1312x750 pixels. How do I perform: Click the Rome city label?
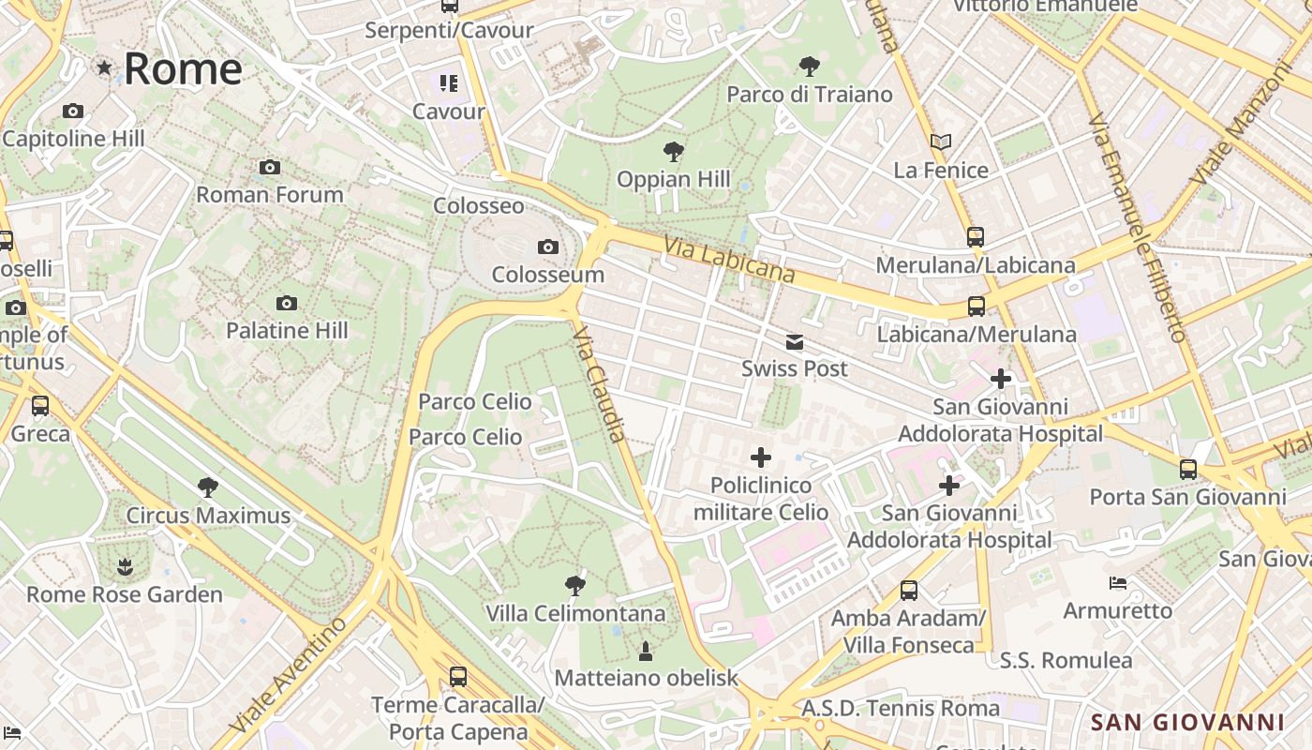(x=182, y=68)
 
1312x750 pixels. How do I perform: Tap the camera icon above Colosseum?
(x=548, y=247)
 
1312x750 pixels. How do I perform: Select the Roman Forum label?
(x=270, y=195)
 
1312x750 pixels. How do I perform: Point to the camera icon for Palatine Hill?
(x=287, y=303)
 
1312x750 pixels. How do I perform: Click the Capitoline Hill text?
(x=73, y=139)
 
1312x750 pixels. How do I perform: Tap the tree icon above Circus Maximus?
(x=208, y=487)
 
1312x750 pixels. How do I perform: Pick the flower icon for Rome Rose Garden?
(x=125, y=566)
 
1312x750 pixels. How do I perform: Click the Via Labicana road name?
(x=729, y=259)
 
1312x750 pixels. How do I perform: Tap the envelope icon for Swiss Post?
(x=795, y=342)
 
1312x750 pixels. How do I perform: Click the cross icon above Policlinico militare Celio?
(x=761, y=457)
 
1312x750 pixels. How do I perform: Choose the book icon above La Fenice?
(x=941, y=142)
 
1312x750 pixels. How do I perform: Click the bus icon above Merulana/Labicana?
(x=976, y=237)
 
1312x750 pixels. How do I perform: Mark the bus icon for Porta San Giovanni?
(x=1188, y=469)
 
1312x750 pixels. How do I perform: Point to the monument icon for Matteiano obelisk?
(x=646, y=650)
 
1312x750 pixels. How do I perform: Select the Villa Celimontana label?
(x=575, y=614)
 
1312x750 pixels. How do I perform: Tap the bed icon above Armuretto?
(x=1118, y=583)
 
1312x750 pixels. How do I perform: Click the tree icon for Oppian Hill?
(x=673, y=152)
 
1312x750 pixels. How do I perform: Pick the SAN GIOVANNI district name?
(x=1187, y=722)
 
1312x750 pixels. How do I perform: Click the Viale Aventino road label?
(x=289, y=676)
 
